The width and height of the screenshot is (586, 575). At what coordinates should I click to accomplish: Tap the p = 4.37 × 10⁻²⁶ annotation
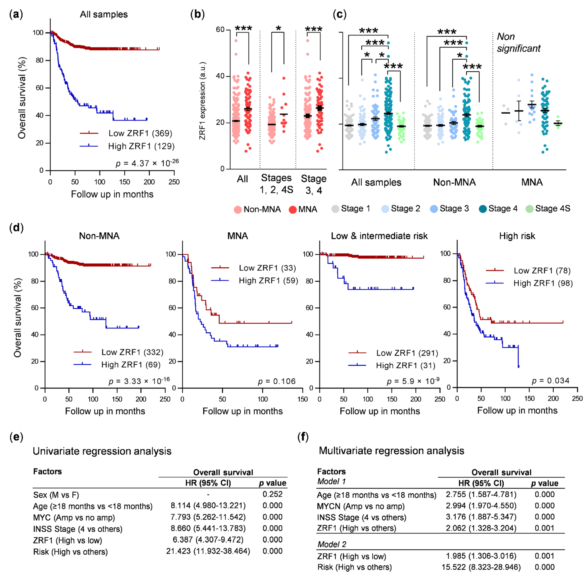pyautogui.click(x=147, y=163)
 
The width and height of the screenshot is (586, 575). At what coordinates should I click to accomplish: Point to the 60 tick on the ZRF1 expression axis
pyautogui.click(x=220, y=30)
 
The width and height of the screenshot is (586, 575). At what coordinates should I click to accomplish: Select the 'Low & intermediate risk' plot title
pyautogui.click(x=379, y=236)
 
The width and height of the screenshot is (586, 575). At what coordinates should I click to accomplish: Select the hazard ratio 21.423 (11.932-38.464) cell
pyautogui.click(x=208, y=551)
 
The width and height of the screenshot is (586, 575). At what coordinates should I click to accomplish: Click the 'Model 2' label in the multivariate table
pyautogui.click(x=332, y=544)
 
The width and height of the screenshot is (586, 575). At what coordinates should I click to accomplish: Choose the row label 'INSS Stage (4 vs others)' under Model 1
pyautogui.click(x=361, y=517)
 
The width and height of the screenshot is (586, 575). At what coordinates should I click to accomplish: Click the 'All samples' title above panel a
pyautogui.click(x=104, y=14)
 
